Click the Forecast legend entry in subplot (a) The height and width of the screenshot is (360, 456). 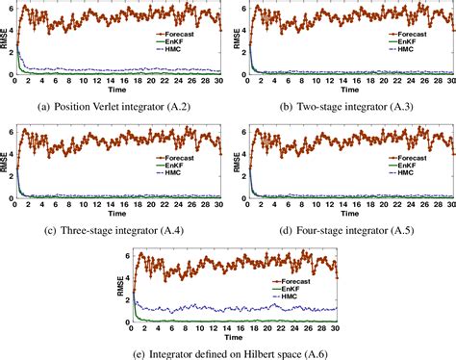[178, 34]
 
